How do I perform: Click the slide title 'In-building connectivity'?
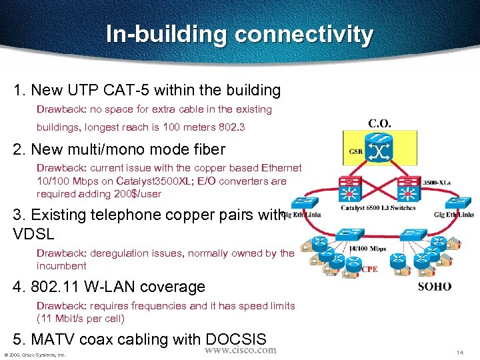pyautogui.click(x=239, y=35)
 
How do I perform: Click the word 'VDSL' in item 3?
pyautogui.click(x=33, y=233)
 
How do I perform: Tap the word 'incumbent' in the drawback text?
pyautogui.click(x=61, y=265)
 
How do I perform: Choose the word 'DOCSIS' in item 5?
pyautogui.click(x=235, y=339)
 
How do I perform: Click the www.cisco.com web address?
pyautogui.click(x=240, y=350)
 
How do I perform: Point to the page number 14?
pyautogui.click(x=459, y=352)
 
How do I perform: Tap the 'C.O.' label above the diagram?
pyautogui.click(x=379, y=123)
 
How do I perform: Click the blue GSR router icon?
pyautogui.click(x=382, y=150)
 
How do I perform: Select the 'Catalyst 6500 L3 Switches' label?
pyautogui.click(x=377, y=207)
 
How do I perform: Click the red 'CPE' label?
pyautogui.click(x=370, y=269)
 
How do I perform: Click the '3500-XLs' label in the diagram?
pyautogui.click(x=437, y=183)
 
